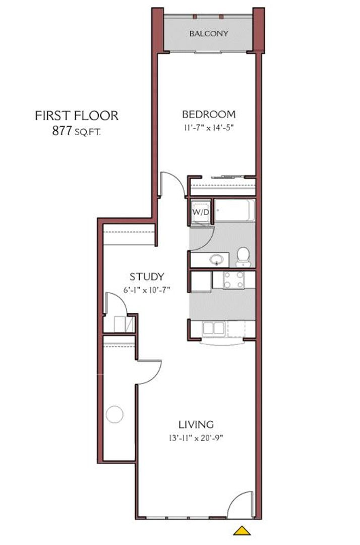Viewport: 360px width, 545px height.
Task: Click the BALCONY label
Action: (209, 34)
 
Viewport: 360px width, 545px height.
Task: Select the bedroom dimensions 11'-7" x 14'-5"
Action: (209, 128)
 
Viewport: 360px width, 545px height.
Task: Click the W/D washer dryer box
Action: (200, 212)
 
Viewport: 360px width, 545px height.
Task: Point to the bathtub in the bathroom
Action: (234, 210)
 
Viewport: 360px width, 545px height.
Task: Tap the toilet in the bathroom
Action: (244, 255)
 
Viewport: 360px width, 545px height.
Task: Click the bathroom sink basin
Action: (217, 260)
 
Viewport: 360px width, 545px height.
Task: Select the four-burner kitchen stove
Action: (233, 280)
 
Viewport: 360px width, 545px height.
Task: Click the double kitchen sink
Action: (214, 329)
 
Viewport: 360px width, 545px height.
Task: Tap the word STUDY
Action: (147, 277)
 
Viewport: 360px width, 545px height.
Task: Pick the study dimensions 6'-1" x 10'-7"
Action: (147, 290)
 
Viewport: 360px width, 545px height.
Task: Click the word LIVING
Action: (196, 424)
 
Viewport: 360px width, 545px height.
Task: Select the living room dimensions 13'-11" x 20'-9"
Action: (196, 438)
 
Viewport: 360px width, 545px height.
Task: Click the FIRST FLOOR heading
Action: (77, 116)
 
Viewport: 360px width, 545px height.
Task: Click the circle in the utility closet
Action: (114, 415)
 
